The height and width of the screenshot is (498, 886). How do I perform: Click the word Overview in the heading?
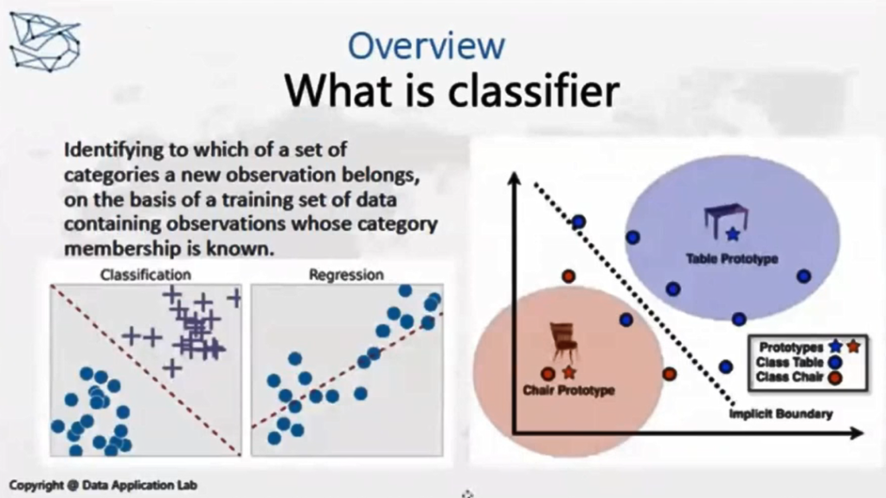(426, 46)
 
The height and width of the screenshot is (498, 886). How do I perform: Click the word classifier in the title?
(534, 90)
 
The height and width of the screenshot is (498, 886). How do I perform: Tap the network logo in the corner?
(45, 42)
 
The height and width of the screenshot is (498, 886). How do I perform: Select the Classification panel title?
(145, 274)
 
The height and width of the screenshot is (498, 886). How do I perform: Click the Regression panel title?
(346, 274)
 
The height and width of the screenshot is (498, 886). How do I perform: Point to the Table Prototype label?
(732, 259)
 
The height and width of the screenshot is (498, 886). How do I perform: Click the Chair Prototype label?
(568, 390)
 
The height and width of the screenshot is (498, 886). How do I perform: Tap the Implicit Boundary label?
(780, 414)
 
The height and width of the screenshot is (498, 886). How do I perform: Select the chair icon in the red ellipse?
(563, 341)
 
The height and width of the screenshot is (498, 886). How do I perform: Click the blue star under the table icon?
(732, 233)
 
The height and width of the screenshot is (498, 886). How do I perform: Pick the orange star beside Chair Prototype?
(569, 372)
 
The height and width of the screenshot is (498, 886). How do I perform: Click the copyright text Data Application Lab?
(139, 485)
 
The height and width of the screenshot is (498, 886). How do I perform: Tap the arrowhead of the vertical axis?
(514, 178)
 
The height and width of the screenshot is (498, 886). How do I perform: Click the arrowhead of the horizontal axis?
(857, 433)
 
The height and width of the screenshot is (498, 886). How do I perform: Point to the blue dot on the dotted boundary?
(578, 222)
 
